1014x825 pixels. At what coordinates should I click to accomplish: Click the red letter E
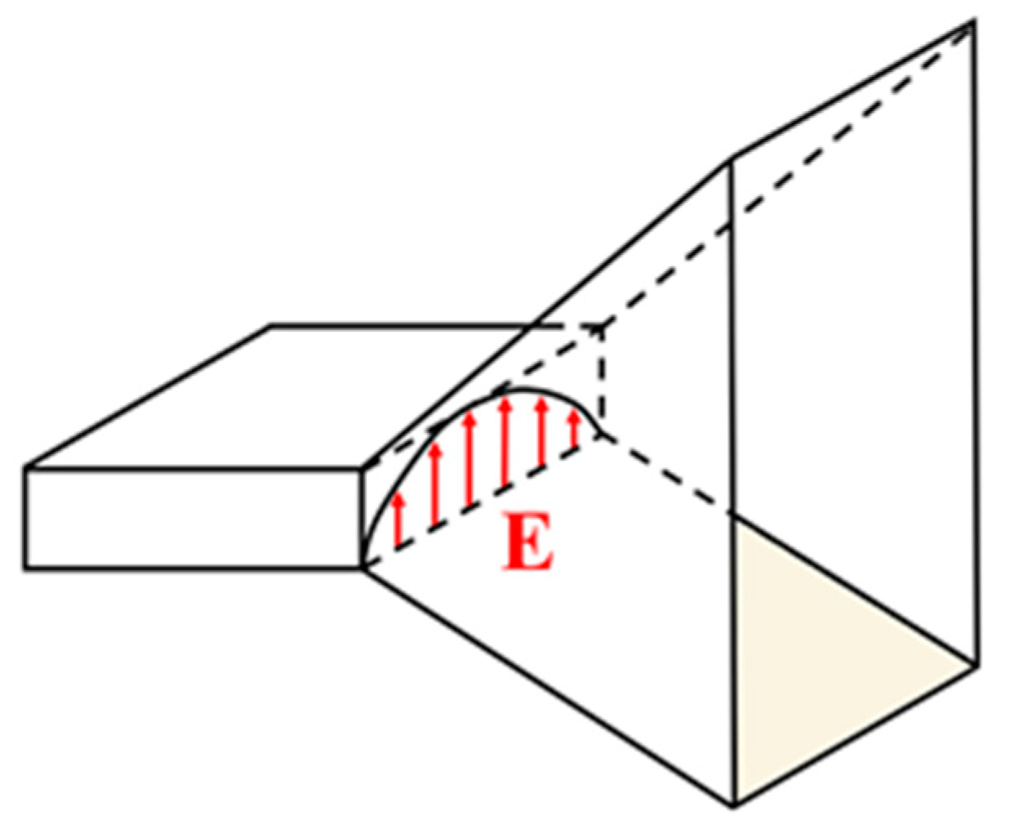529,542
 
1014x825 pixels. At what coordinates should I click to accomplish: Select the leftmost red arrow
398,519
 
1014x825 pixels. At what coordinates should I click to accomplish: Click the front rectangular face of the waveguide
193,518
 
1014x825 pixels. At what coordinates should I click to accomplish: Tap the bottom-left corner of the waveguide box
26,567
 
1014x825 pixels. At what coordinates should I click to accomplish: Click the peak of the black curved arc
514,390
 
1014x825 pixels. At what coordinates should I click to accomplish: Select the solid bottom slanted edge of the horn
547,686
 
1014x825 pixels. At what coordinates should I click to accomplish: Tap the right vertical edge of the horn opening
975,343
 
